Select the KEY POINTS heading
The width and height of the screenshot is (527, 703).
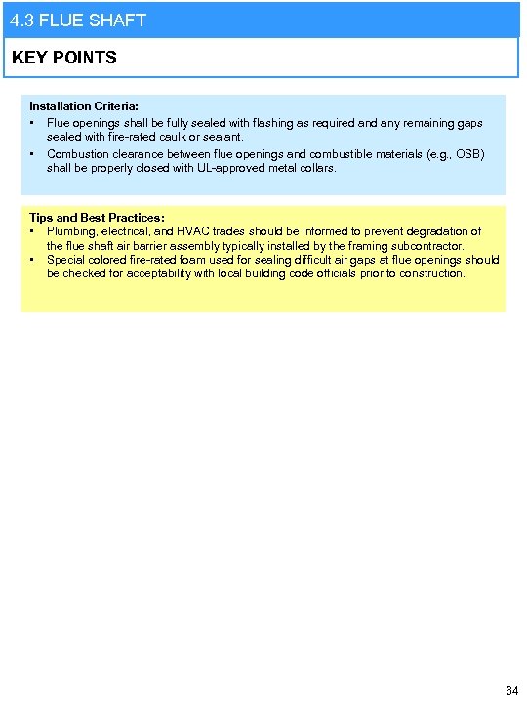click(x=64, y=58)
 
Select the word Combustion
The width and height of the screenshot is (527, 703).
click(x=78, y=154)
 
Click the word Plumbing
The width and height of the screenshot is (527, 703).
click(x=72, y=231)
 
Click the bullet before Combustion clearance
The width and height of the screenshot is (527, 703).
click(x=32, y=154)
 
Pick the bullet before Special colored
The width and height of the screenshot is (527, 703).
click(x=32, y=260)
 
